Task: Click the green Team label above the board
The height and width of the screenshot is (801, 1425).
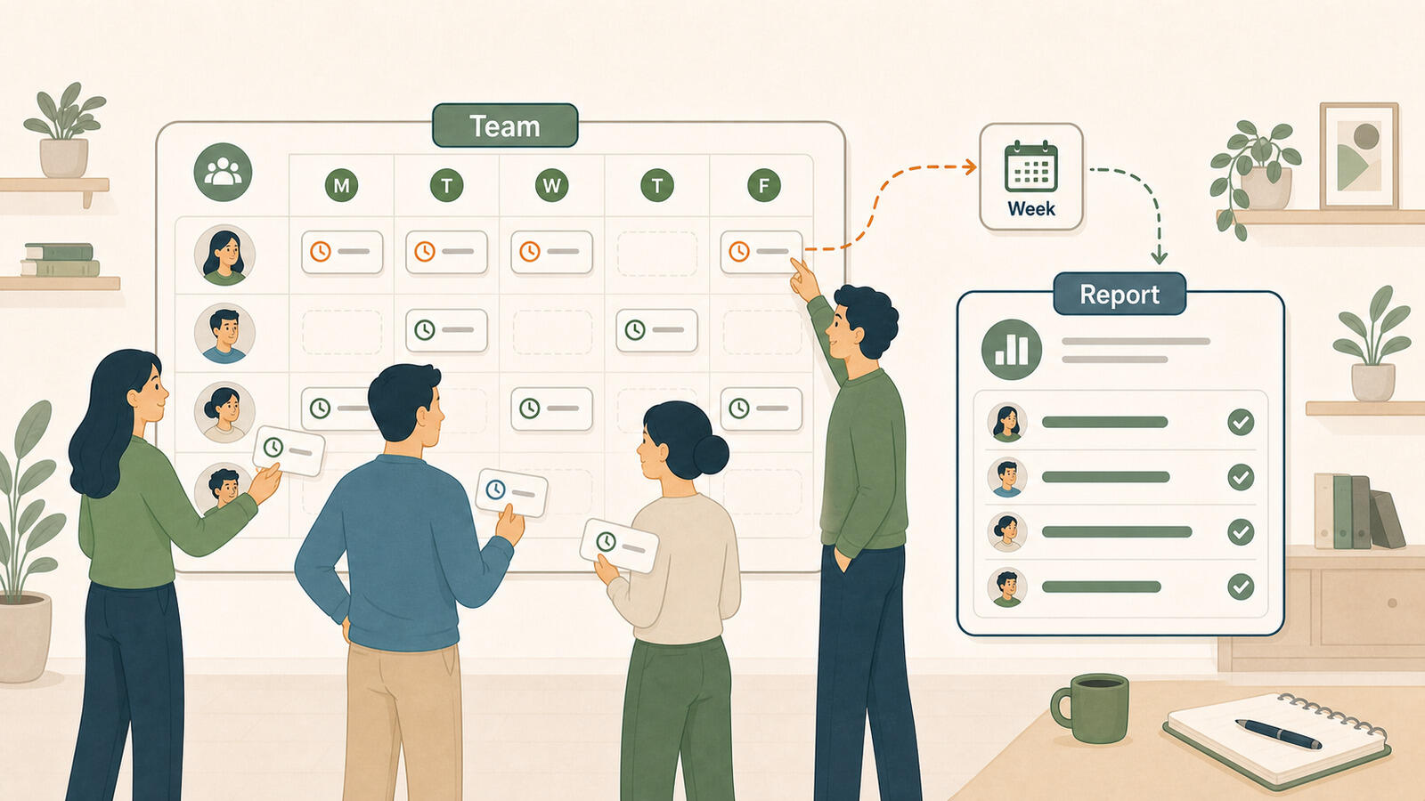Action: tap(505, 125)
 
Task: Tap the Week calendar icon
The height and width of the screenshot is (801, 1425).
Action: tap(1030, 166)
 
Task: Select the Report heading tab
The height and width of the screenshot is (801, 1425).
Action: tap(1120, 294)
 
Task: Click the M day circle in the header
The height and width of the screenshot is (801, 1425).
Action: tap(342, 186)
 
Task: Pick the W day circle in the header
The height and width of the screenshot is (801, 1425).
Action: tap(551, 186)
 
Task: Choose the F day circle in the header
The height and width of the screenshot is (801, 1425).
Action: tap(763, 186)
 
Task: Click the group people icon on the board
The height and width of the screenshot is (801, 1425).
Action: tap(223, 173)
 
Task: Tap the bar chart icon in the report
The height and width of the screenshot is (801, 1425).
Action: tap(1012, 350)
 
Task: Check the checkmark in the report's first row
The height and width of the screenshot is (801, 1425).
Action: tap(1241, 422)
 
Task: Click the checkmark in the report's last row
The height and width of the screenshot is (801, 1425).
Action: tap(1241, 587)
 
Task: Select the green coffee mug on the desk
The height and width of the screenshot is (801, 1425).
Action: tap(1089, 708)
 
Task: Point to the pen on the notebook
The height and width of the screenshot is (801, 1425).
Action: tap(1278, 733)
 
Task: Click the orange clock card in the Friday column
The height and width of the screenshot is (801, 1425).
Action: tap(761, 252)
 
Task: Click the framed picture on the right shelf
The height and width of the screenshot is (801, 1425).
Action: tap(1359, 157)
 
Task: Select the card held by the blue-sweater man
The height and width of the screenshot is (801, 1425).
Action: tap(511, 493)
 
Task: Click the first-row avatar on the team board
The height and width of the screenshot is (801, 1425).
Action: tap(224, 255)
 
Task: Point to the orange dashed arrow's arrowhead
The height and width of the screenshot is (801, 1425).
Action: tap(970, 167)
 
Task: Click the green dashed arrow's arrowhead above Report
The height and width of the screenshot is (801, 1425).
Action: tap(1159, 257)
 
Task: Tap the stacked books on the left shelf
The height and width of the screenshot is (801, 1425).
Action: tap(61, 260)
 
